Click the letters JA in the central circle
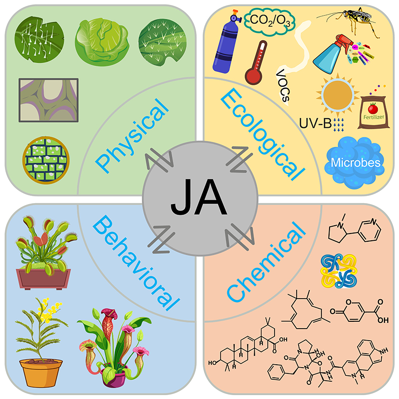point(199,198)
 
